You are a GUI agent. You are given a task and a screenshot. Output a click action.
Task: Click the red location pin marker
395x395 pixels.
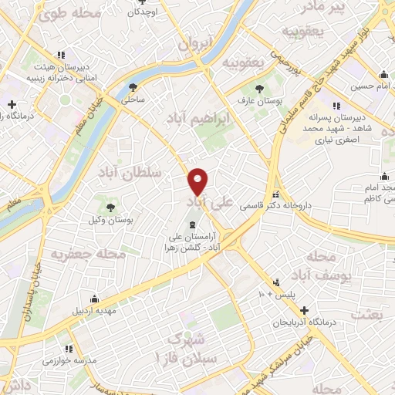pyautogui.click(x=198, y=181)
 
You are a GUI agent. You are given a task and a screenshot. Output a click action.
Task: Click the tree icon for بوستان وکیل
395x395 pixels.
pyautogui.click(x=110, y=207)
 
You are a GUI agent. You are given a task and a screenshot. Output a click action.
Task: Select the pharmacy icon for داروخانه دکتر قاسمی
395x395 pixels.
pyautogui.click(x=277, y=194)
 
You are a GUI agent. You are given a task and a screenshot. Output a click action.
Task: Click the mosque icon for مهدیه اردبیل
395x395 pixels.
pyautogui.click(x=95, y=299)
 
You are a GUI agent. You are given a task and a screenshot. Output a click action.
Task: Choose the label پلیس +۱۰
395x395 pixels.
pyautogui.click(x=271, y=294)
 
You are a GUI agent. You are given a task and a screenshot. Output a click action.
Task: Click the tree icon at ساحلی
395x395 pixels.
pyautogui.click(x=133, y=87)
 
